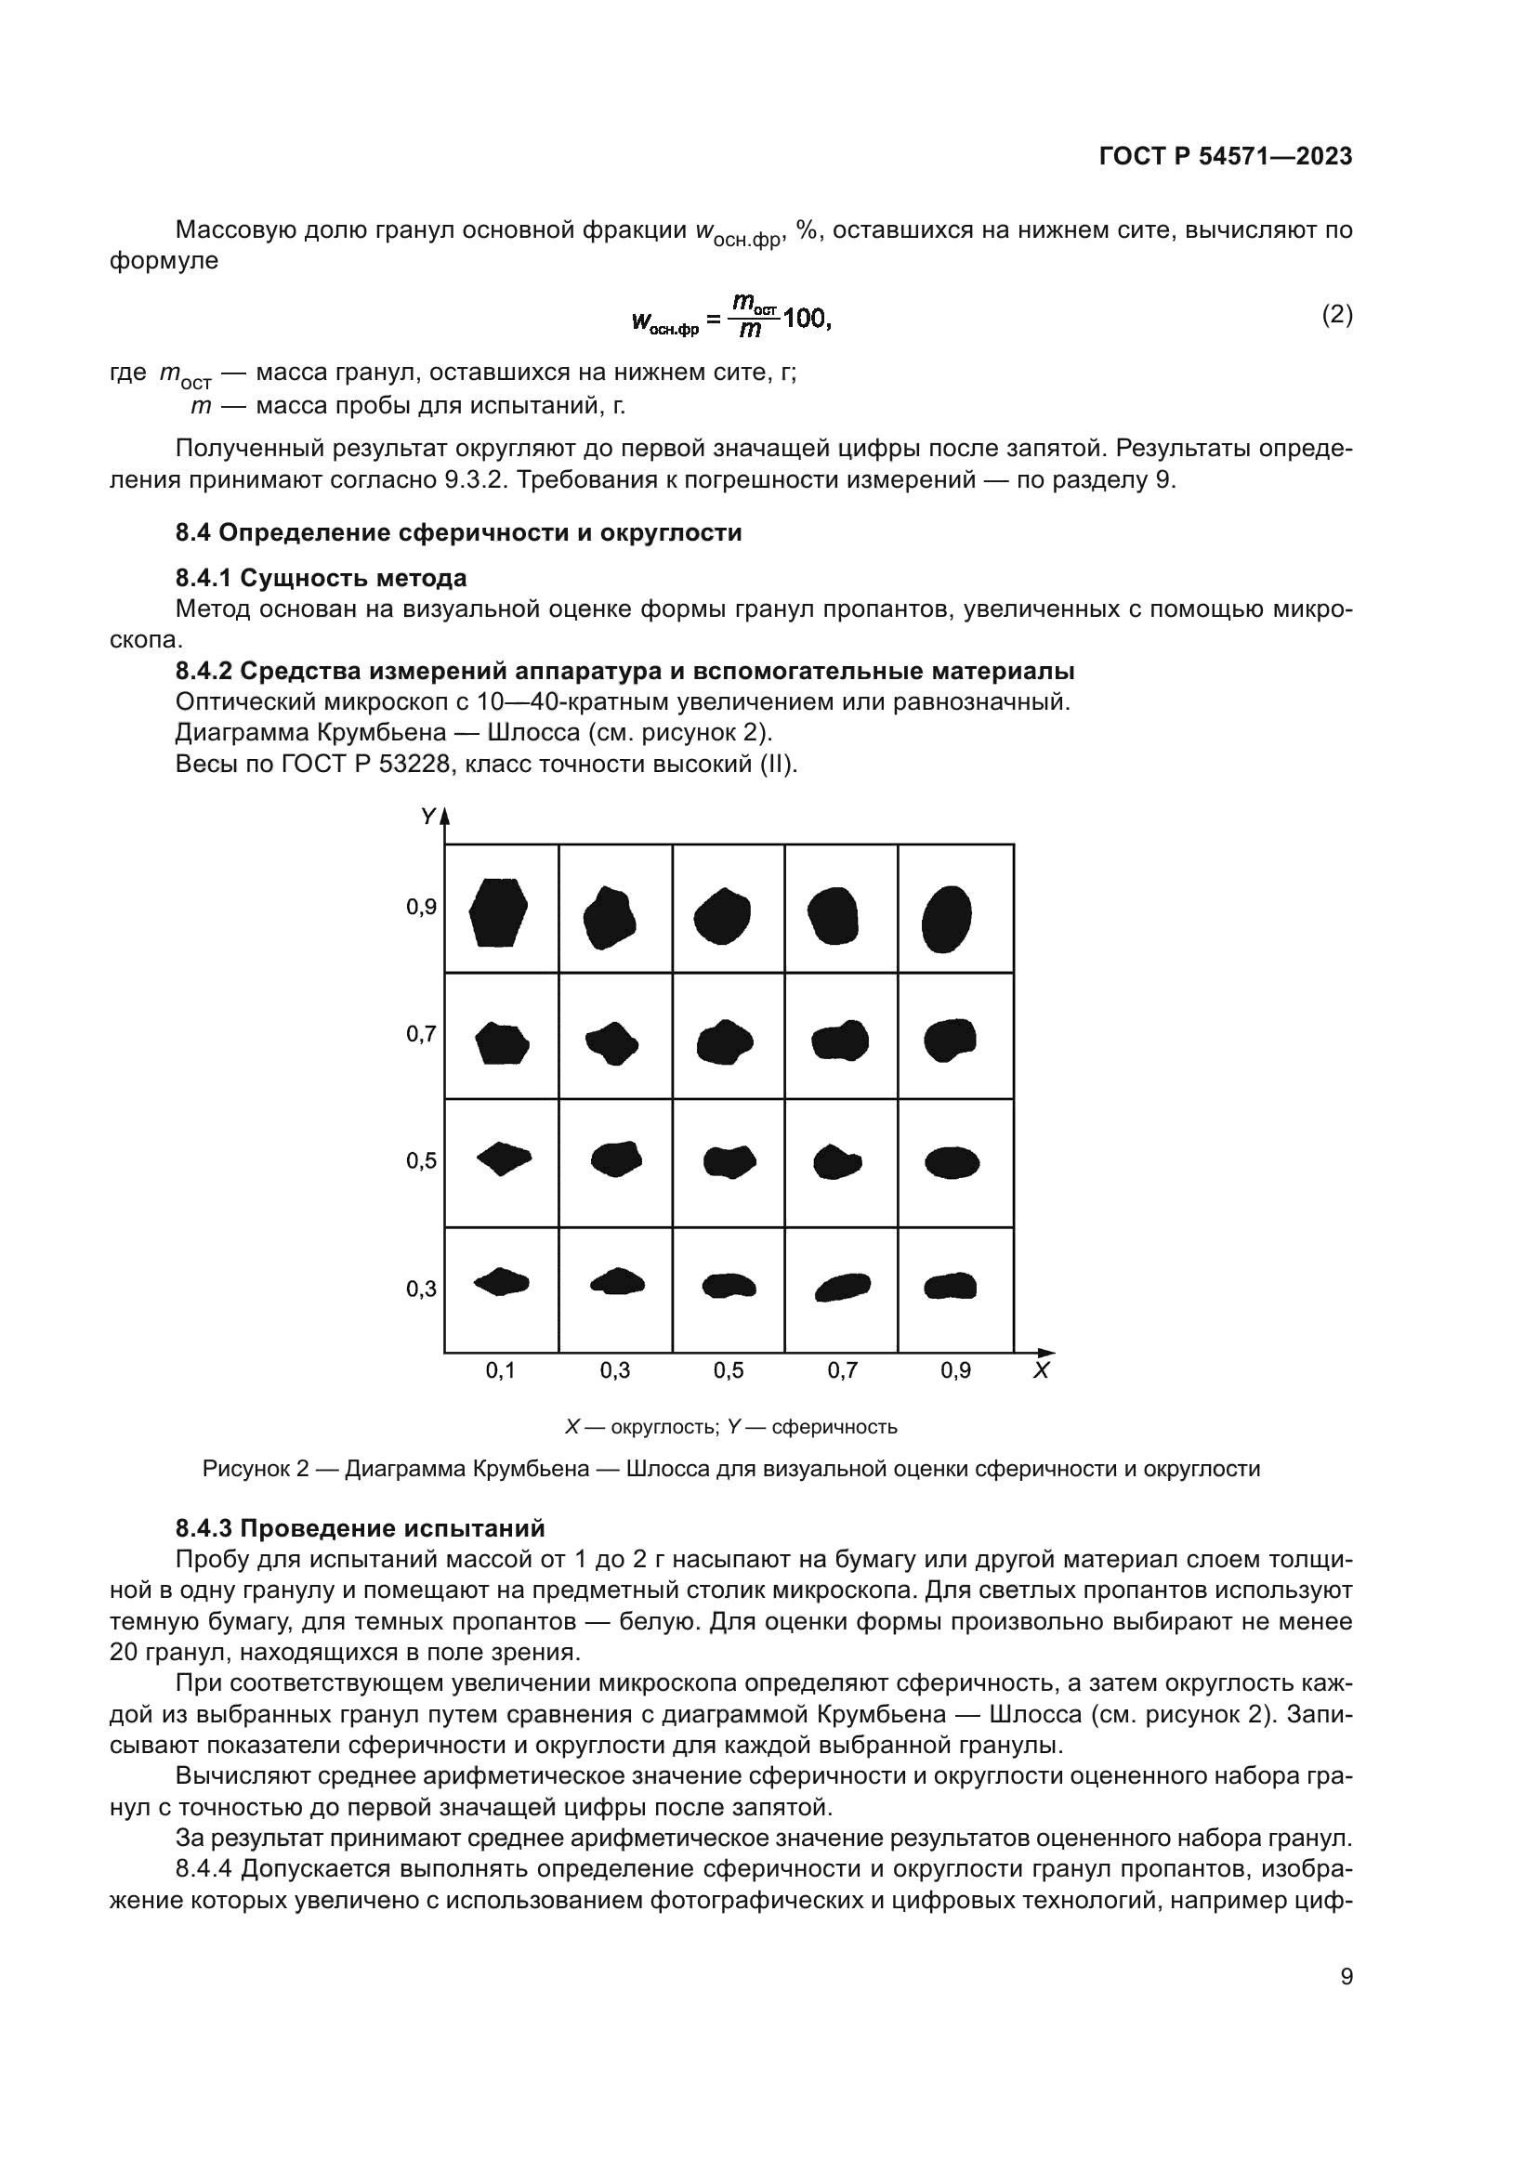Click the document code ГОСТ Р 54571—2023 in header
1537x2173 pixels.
pyautogui.click(x=1225, y=156)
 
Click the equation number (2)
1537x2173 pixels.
pyautogui.click(x=1336, y=314)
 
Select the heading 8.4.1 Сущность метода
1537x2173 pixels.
pyautogui.click(x=321, y=577)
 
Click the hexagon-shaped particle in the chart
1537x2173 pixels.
pyautogui.click(x=499, y=912)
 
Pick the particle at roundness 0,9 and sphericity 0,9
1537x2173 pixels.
pyautogui.click(x=946, y=918)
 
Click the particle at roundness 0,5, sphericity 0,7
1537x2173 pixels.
pyautogui.click(x=724, y=1042)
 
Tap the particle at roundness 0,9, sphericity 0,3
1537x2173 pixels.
pyautogui.click(x=951, y=1285)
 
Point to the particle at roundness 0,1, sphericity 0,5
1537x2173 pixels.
pyautogui.click(x=504, y=1158)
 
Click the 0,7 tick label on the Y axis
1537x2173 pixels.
pyautogui.click(x=421, y=1033)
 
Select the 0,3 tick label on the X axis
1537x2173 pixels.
pyautogui.click(x=614, y=1370)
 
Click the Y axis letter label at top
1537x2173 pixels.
pyautogui.click(x=427, y=816)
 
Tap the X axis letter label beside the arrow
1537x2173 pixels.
pyautogui.click(x=1040, y=1371)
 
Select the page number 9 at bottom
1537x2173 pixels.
pyautogui.click(x=1346, y=1976)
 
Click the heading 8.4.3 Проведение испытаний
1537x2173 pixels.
pyautogui.click(x=360, y=1528)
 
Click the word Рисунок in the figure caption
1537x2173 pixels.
pyautogui.click(x=243, y=1469)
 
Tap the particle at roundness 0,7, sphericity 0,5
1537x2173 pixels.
pyautogui.click(x=836, y=1161)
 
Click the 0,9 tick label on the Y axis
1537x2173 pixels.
pyautogui.click(x=421, y=908)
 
